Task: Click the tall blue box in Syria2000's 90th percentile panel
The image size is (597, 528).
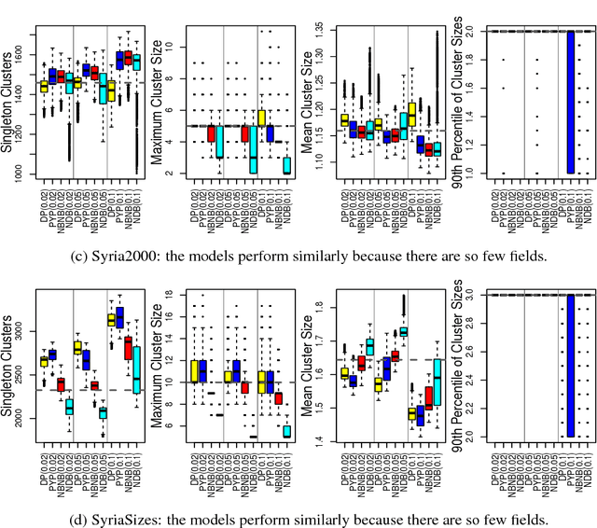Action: point(544,102)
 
